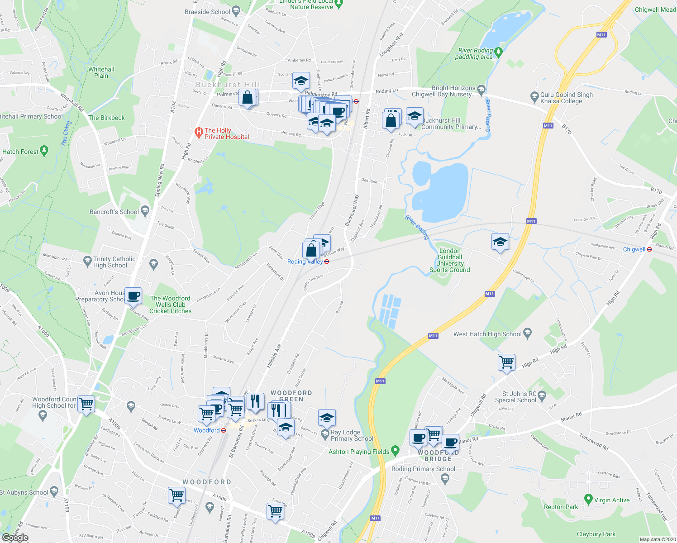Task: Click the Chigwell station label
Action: tap(634, 249)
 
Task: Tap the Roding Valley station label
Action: tap(305, 262)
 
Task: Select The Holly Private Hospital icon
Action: tap(198, 132)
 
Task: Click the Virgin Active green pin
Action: tap(588, 500)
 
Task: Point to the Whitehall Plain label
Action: tap(101, 72)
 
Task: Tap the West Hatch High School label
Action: tap(487, 334)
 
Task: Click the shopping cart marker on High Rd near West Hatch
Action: tap(506, 362)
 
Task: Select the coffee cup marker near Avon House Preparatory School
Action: tap(133, 296)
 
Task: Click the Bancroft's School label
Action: tap(114, 212)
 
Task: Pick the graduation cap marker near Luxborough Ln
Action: tap(500, 242)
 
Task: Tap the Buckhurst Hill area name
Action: tap(228, 85)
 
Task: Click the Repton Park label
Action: tap(561, 507)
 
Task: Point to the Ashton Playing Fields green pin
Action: tap(395, 451)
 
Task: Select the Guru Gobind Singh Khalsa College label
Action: tap(566, 98)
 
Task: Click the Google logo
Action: tap(15, 538)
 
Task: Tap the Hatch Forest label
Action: tap(20, 152)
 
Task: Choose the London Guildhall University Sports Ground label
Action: tap(449, 260)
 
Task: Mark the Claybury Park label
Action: tap(596, 534)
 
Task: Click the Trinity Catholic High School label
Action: tap(114, 262)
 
